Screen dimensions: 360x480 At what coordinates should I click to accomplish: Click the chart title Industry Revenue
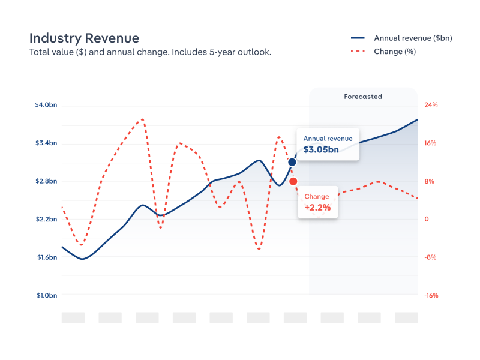(x=84, y=38)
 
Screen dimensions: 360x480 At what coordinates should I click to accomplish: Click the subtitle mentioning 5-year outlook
(x=150, y=52)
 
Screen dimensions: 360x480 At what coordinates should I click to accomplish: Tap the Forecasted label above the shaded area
(x=363, y=97)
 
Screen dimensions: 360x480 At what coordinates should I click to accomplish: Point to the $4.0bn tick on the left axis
(x=46, y=105)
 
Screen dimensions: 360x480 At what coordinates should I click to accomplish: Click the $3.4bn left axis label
(x=46, y=143)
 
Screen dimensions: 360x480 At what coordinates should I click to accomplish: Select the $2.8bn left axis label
(x=46, y=181)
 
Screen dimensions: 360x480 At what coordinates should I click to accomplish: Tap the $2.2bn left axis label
(x=46, y=220)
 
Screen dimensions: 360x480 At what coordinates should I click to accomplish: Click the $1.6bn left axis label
(x=46, y=257)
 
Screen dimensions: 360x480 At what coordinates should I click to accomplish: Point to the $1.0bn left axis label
(x=46, y=295)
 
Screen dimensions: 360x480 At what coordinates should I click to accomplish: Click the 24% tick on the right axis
(x=431, y=105)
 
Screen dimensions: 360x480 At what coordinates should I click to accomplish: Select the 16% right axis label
(x=431, y=143)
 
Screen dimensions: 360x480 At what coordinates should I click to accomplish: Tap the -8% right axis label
(x=431, y=257)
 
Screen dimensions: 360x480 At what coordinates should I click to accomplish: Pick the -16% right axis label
(x=431, y=295)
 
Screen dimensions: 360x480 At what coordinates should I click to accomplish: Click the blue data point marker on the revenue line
(x=292, y=162)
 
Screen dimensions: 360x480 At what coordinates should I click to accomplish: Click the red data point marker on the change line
(x=293, y=181)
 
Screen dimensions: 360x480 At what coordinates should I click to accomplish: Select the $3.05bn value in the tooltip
(x=321, y=149)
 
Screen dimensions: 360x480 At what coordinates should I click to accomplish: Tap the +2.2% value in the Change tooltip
(x=317, y=208)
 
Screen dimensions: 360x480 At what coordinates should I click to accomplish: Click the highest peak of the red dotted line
(x=142, y=119)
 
